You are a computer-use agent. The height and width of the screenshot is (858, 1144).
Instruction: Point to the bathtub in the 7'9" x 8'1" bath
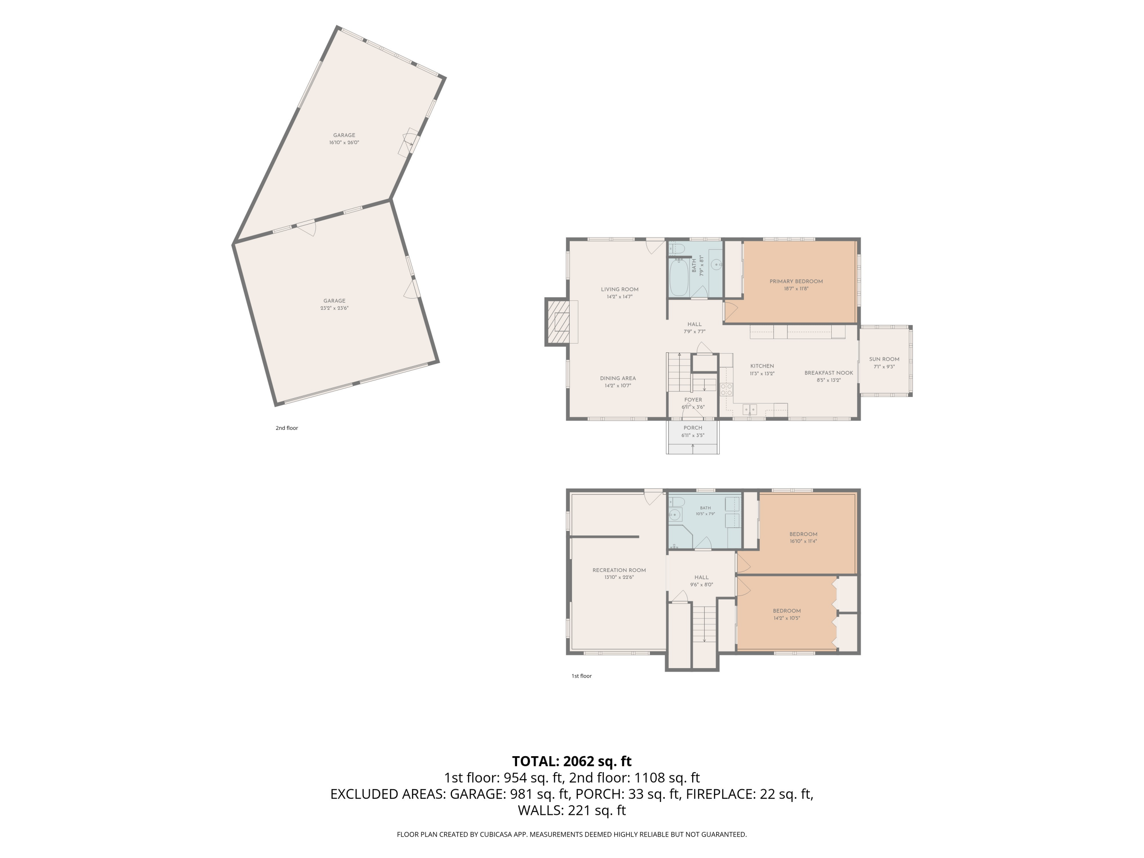[x=679, y=277]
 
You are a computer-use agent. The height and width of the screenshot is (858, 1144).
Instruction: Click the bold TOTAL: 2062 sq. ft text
[x=572, y=761]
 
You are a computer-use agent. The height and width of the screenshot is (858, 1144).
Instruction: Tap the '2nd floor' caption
[x=286, y=428]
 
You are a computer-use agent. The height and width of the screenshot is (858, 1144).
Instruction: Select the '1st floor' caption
[x=581, y=676]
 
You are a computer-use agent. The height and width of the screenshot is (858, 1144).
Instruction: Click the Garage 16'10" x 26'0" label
[x=344, y=138]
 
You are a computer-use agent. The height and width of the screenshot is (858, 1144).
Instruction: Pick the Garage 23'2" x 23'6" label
[x=334, y=304]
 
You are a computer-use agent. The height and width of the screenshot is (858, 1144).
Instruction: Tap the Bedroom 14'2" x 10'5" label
[x=787, y=614]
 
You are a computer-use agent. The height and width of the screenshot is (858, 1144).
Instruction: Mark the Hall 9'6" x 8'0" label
[x=701, y=581]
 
